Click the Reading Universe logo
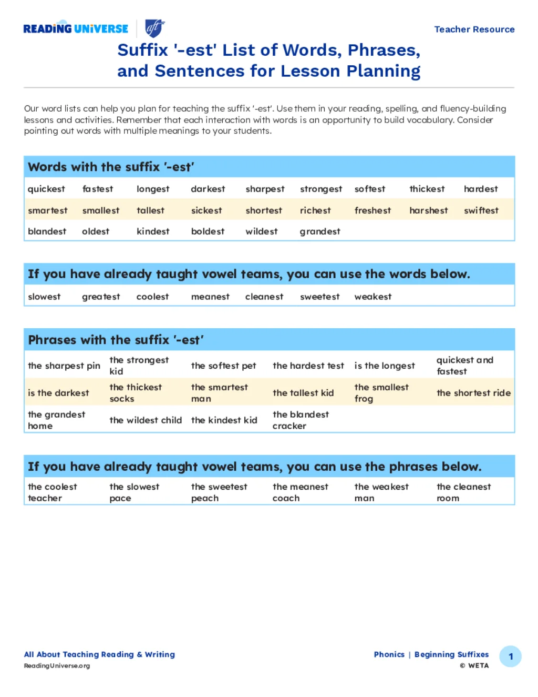click(x=76, y=28)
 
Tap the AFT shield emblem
click(x=154, y=28)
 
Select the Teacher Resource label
click(x=474, y=29)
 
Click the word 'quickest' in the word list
click(x=46, y=189)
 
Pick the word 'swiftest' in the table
click(x=481, y=210)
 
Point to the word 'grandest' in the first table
click(x=319, y=231)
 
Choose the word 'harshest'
click(x=428, y=210)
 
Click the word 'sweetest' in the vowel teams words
click(x=319, y=297)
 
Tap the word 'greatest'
click(x=101, y=297)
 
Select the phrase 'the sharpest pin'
click(x=64, y=366)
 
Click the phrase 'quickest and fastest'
click(x=464, y=366)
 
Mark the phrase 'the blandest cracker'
click(x=301, y=420)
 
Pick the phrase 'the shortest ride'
click(x=473, y=393)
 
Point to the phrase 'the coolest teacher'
click(x=52, y=492)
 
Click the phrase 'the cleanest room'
click(x=463, y=492)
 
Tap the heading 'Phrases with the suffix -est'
click(x=116, y=340)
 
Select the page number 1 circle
click(x=510, y=656)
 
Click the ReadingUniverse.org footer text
click(x=57, y=666)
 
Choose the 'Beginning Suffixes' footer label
click(x=451, y=654)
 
